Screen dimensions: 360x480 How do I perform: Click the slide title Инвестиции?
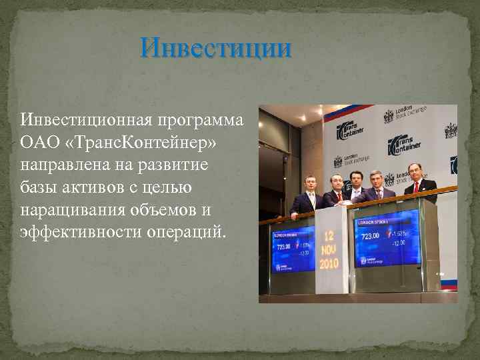pyautogui.click(x=216, y=49)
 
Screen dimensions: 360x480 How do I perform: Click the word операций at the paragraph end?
pyautogui.click(x=193, y=232)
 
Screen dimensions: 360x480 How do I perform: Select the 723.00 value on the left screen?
pyautogui.click(x=282, y=245)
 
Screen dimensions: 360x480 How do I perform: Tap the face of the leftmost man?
pyautogui.click(x=309, y=182)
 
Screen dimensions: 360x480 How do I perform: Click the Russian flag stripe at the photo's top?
pyautogui.click(x=347, y=111)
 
